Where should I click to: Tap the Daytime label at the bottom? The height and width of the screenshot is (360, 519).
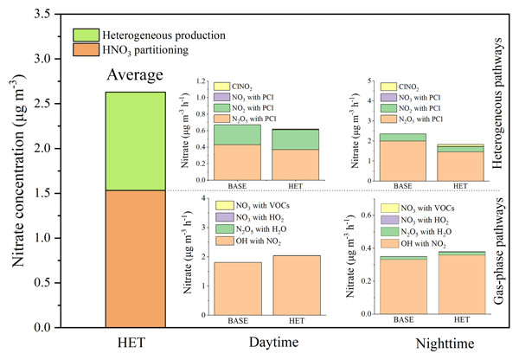(x=258, y=343)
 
